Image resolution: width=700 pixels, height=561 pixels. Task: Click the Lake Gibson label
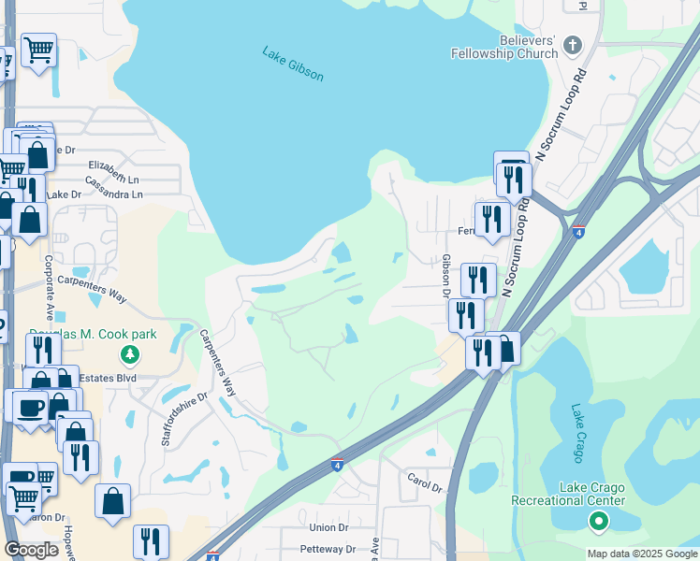pos(293,63)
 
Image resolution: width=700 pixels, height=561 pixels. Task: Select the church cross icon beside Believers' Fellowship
pos(573,44)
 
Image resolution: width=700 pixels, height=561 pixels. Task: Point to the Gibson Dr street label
pos(446,276)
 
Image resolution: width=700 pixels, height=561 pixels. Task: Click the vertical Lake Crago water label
pos(577,434)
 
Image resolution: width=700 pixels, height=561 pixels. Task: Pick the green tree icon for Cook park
pos(130,354)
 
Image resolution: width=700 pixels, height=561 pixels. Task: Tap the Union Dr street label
pos(328,528)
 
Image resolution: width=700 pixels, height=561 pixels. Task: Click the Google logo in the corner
pos(31,550)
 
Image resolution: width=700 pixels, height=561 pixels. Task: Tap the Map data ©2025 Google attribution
pos(642,554)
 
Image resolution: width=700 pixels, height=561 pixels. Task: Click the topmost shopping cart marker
pos(38,50)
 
